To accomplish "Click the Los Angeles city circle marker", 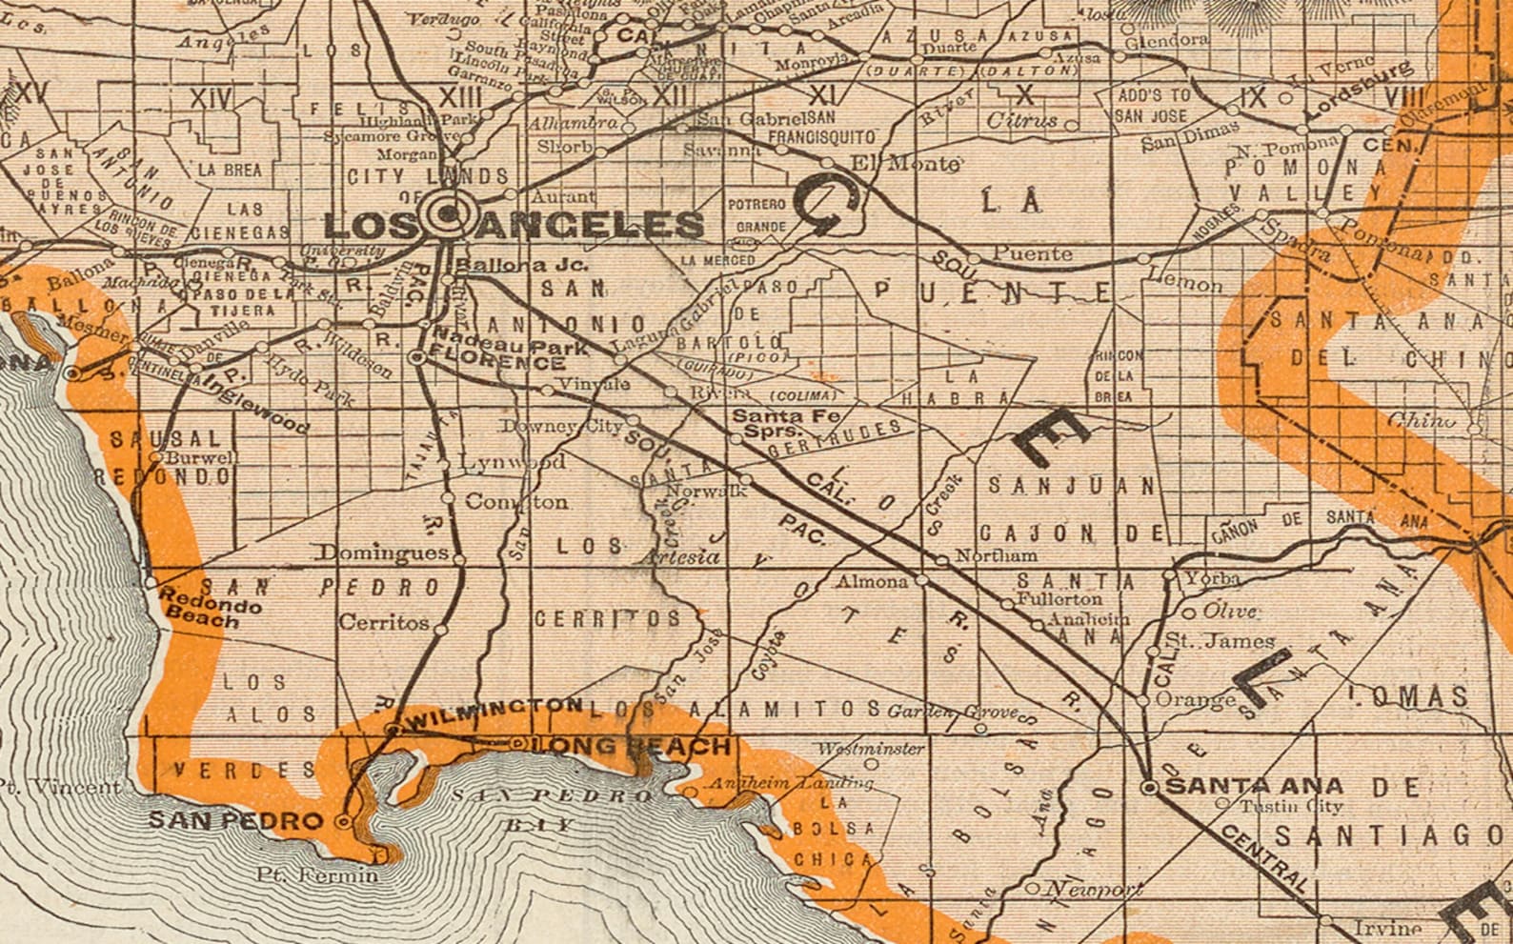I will pos(446,214).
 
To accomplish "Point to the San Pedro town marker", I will pos(345,819).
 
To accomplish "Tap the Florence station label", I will pos(497,363).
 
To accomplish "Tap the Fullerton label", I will pos(1059,599).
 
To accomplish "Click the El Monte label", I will pos(904,163).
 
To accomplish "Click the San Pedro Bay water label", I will pos(553,809).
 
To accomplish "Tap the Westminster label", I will pos(870,749).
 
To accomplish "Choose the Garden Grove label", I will pos(954,713).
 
